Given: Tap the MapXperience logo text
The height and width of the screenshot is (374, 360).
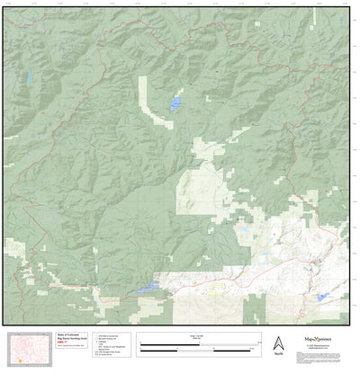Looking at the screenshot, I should coord(322,339).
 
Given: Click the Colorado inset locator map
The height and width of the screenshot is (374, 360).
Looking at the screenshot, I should coord(30,346).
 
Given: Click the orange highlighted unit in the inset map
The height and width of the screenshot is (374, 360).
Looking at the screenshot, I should coord(19,361).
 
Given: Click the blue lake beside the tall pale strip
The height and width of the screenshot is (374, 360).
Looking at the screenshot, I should coord(174,104).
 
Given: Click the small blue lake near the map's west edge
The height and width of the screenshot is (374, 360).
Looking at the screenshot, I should coord(31,78).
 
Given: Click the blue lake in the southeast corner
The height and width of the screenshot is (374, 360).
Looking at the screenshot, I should coord(321,296).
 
